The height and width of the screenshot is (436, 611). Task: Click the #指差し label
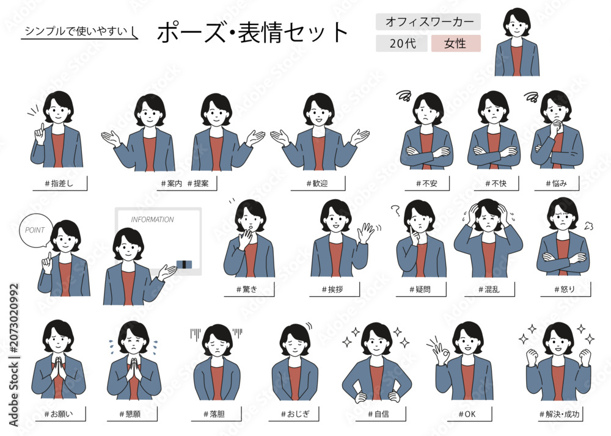pyautogui.click(x=59, y=183)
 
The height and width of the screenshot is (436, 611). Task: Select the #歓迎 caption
pyautogui.click(x=317, y=183)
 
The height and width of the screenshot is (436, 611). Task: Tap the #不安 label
pyautogui.click(x=426, y=183)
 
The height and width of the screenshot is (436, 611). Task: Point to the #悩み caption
pyautogui.click(x=557, y=183)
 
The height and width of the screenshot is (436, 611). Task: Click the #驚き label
pyautogui.click(x=247, y=289)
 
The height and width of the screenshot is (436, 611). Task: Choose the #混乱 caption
pyautogui.click(x=489, y=289)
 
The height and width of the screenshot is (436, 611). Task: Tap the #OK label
pyautogui.click(x=467, y=414)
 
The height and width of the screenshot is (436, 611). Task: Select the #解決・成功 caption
pyautogui.click(x=559, y=414)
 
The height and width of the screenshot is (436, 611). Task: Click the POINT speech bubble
pyautogui.click(x=35, y=230)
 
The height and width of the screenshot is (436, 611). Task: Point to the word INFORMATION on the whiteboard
pyautogui.click(x=152, y=220)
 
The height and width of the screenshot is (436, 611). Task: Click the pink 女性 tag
pyautogui.click(x=456, y=43)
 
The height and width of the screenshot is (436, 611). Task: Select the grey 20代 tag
pyautogui.click(x=402, y=43)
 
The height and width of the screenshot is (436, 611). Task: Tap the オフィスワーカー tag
pyautogui.click(x=428, y=22)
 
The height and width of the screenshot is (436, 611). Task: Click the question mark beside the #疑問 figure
pyautogui.click(x=396, y=210)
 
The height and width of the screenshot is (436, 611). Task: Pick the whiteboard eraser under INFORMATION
pyautogui.click(x=185, y=265)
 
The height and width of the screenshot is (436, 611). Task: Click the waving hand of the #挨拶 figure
pyautogui.click(x=365, y=233)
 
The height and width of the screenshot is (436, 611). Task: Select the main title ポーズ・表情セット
pyautogui.click(x=252, y=32)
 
